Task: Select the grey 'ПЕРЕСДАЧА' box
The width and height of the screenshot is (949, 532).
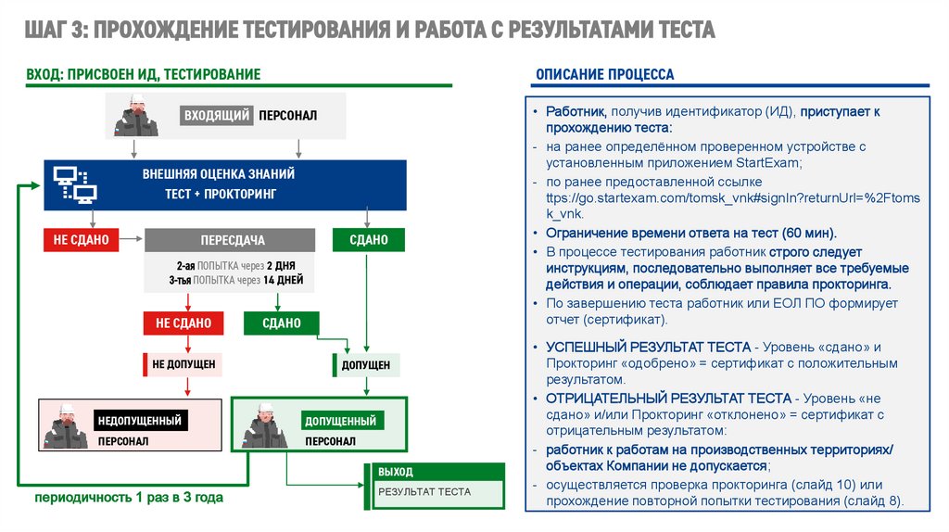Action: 233,240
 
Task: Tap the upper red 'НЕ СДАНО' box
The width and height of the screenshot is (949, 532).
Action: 81,240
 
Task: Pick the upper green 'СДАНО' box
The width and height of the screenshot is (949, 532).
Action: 368,240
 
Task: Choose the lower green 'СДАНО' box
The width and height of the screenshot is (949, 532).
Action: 281,323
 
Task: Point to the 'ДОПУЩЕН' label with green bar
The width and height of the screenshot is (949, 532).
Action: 365,365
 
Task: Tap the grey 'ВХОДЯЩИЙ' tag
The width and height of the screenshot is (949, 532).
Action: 217,116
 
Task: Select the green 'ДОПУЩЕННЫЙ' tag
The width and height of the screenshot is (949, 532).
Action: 340,421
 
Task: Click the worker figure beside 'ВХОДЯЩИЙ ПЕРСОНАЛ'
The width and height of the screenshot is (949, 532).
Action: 136,117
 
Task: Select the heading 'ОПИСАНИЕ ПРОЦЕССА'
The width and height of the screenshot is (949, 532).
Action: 604,74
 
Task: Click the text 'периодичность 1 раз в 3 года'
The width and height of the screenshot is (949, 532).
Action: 129,498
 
